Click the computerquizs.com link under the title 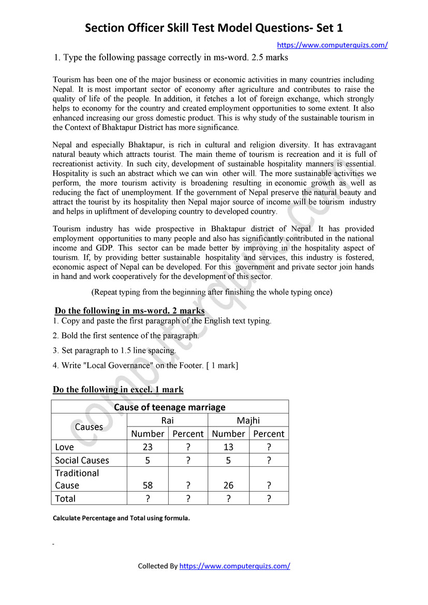point(332,45)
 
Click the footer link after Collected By point(234,566)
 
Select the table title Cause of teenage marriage point(170,407)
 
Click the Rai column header point(167,420)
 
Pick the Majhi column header point(248,420)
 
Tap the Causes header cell point(89,427)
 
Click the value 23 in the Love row point(147,447)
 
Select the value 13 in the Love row point(228,447)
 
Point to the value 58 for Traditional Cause point(147,485)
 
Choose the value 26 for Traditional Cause point(228,485)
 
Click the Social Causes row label point(82,460)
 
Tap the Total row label point(65,498)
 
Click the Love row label point(64,447)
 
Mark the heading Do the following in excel point(118,389)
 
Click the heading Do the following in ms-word point(129,311)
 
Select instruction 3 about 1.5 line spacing point(114,350)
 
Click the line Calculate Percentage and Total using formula point(121,518)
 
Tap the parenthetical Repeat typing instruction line point(212,292)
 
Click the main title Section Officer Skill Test point(214,27)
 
